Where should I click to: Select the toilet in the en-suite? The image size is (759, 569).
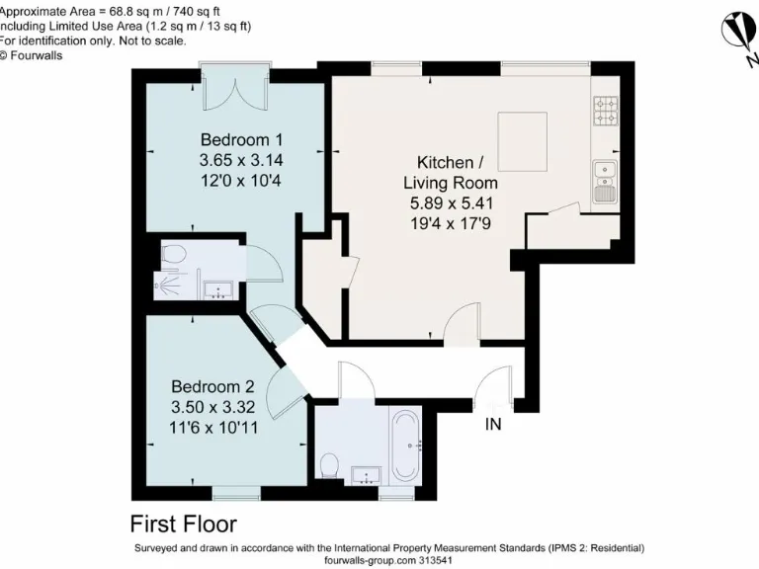173,254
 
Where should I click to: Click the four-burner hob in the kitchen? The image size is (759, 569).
605,112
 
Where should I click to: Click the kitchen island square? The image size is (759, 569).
522,130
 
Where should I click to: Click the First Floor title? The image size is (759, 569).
183,523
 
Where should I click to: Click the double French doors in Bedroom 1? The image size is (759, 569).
234,89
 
